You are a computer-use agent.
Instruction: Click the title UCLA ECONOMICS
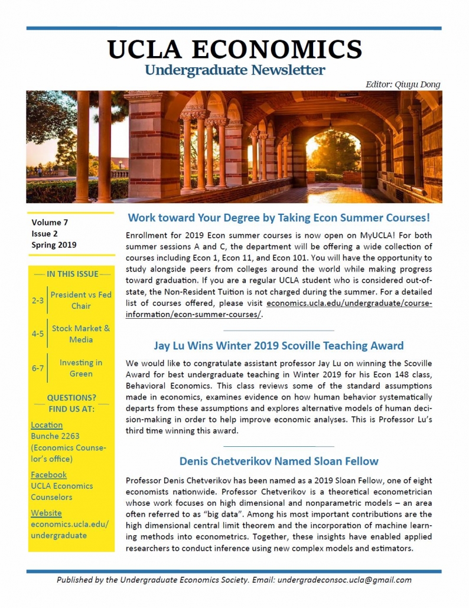pyautogui.click(x=234, y=50)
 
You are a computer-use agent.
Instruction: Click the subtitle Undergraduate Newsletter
pyautogui.click(x=234, y=70)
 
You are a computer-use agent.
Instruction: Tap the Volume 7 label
pyautogui.click(x=50, y=223)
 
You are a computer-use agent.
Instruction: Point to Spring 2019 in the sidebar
pyautogui.click(x=54, y=245)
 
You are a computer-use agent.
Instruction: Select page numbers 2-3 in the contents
pyautogui.click(x=38, y=300)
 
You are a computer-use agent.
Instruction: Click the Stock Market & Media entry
pyautogui.click(x=80, y=334)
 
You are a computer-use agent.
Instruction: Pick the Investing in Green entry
pyautogui.click(x=80, y=368)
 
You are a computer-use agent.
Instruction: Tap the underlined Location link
pyautogui.click(x=47, y=425)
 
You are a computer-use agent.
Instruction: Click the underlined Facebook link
pyautogui.click(x=48, y=475)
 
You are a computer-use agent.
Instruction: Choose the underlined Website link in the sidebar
pyautogui.click(x=46, y=513)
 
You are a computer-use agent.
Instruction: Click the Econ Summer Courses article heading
pyautogui.click(x=279, y=217)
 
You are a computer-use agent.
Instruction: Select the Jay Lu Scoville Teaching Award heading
pyautogui.click(x=279, y=345)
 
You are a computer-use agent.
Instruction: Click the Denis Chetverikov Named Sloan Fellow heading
pyautogui.click(x=279, y=461)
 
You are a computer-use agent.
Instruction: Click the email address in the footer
pyautogui.click(x=344, y=580)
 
